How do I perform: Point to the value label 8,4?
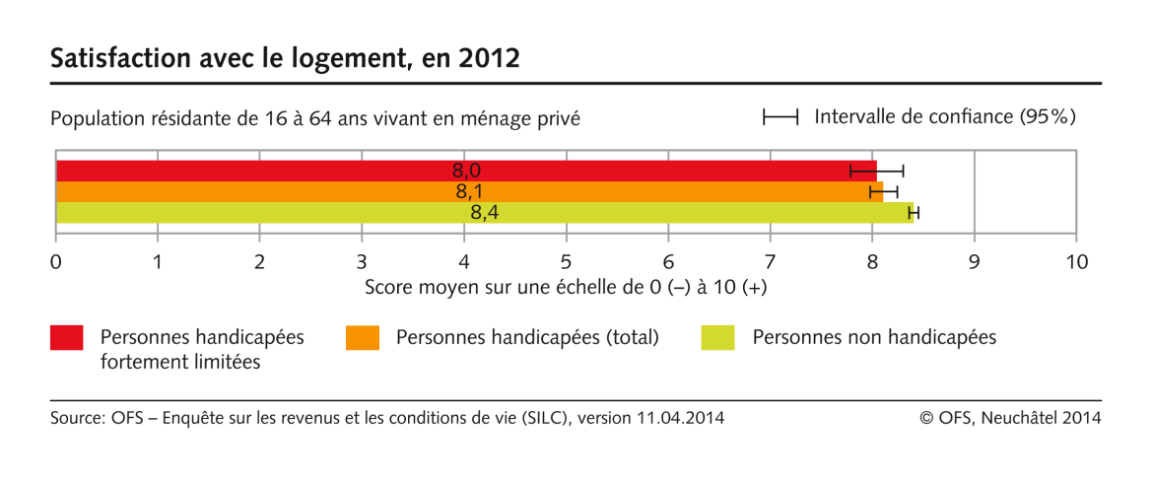tap(484, 212)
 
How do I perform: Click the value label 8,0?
tap(466, 171)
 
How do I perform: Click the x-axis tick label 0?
tap(56, 262)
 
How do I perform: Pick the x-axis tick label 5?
tap(567, 262)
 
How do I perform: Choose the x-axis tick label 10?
tap(1076, 262)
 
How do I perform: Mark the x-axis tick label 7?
tap(771, 262)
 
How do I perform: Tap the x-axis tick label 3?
tap(363, 262)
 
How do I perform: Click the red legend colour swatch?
tap(67, 338)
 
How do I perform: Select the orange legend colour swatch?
tap(363, 338)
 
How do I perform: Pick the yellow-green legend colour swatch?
tap(717, 338)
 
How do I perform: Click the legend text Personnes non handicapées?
tap(874, 337)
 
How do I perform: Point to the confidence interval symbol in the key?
tap(779, 117)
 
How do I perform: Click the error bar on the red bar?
tap(876, 171)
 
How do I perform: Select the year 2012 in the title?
tap(491, 58)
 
